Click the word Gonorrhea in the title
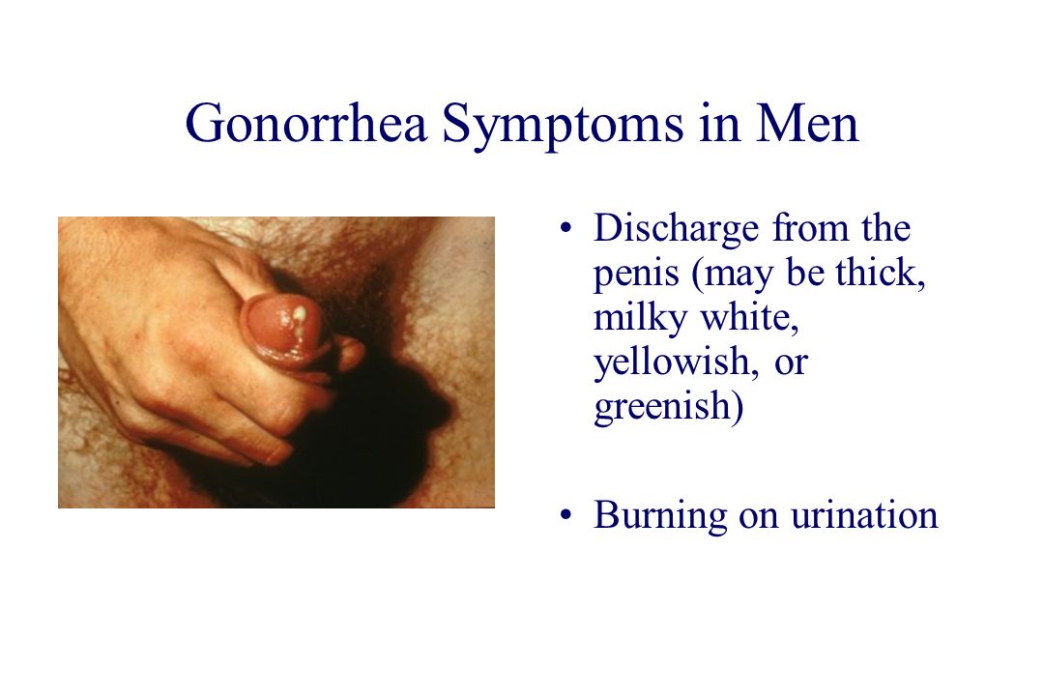(305, 123)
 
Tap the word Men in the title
(807, 123)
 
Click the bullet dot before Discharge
(565, 228)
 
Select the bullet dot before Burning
(565, 515)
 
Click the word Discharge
(676, 230)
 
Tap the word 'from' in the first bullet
(810, 228)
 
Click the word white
(749, 317)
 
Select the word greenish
(669, 408)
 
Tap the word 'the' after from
(885, 228)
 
